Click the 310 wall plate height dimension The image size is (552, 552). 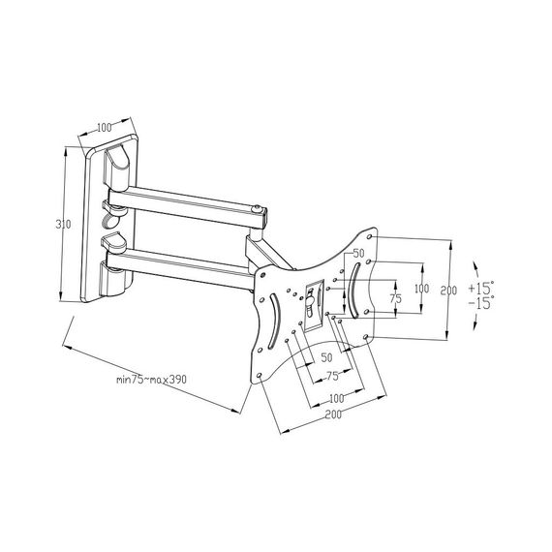click(63, 225)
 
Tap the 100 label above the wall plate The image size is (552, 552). click(104, 127)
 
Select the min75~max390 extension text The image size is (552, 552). click(152, 380)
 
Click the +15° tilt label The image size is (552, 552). click(481, 289)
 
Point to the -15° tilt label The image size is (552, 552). click(481, 303)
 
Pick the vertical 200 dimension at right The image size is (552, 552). click(448, 291)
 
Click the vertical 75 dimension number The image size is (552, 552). click(396, 299)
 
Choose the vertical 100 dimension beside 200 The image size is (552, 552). click(421, 289)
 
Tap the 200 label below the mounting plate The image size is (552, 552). click(333, 414)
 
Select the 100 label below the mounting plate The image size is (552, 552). click(337, 399)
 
